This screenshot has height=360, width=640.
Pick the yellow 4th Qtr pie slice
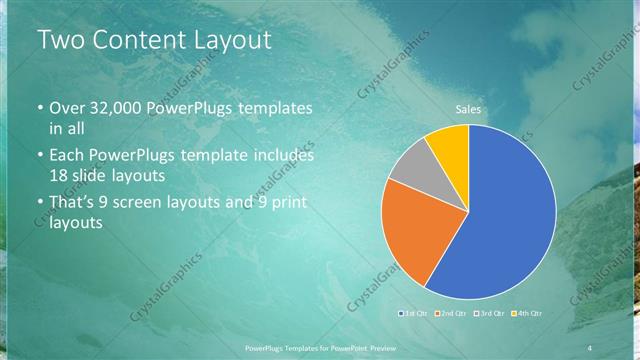pyautogui.click(x=448, y=146)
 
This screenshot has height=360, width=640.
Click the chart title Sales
pyautogui.click(x=469, y=107)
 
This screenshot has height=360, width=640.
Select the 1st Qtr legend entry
pyautogui.click(x=414, y=315)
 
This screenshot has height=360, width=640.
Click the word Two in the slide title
pyautogui.click(x=61, y=41)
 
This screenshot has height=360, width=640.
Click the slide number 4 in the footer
pyautogui.click(x=590, y=347)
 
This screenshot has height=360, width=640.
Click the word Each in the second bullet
pyautogui.click(x=67, y=156)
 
